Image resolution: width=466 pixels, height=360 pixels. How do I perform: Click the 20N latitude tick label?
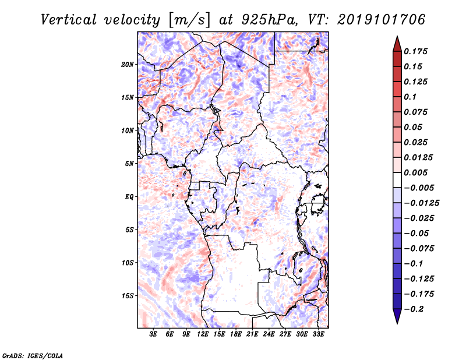click(127, 65)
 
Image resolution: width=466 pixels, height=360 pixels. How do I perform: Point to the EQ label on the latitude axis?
click(129, 197)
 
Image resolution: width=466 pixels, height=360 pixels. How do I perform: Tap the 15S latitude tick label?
click(127, 296)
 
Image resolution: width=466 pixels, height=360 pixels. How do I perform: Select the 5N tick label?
click(129, 164)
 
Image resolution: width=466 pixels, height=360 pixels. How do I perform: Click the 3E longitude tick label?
click(153, 334)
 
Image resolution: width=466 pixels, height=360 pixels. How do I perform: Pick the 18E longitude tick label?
click(236, 334)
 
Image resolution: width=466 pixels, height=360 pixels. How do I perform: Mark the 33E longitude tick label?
click(318, 334)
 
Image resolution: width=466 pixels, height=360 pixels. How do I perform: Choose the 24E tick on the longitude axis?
click(269, 334)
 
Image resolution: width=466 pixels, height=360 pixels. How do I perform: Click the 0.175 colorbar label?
click(415, 51)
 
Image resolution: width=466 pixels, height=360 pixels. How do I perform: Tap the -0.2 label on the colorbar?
click(414, 309)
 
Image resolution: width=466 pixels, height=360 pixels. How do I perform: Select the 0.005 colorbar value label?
click(415, 172)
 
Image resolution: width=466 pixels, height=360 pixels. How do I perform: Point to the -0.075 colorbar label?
click(419, 249)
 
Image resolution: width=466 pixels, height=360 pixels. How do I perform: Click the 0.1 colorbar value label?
click(410, 97)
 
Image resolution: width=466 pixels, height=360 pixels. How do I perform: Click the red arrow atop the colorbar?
click(397, 44)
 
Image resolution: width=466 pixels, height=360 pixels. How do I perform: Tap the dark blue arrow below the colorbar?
click(397, 316)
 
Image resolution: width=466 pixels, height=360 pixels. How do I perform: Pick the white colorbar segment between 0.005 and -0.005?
click(397, 180)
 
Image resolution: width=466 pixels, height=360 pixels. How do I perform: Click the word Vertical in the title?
click(69, 20)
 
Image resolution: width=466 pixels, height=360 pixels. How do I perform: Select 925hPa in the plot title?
click(269, 20)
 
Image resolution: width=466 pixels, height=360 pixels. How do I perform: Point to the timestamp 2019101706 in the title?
click(382, 20)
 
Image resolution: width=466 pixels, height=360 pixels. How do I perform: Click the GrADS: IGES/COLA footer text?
click(33, 355)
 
